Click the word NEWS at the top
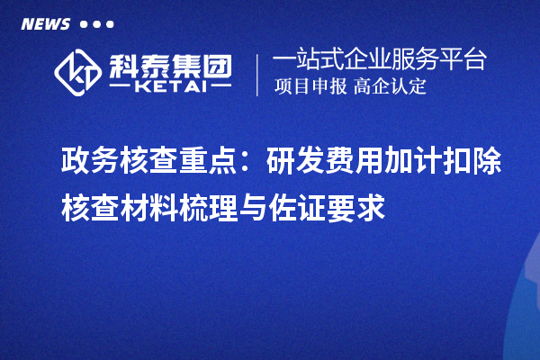coord(46,24)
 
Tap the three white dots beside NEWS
coord(97,24)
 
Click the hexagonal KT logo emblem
coord(76,73)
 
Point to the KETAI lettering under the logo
coord(169,87)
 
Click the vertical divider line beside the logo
coord(257,74)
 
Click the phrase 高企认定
coord(391,87)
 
